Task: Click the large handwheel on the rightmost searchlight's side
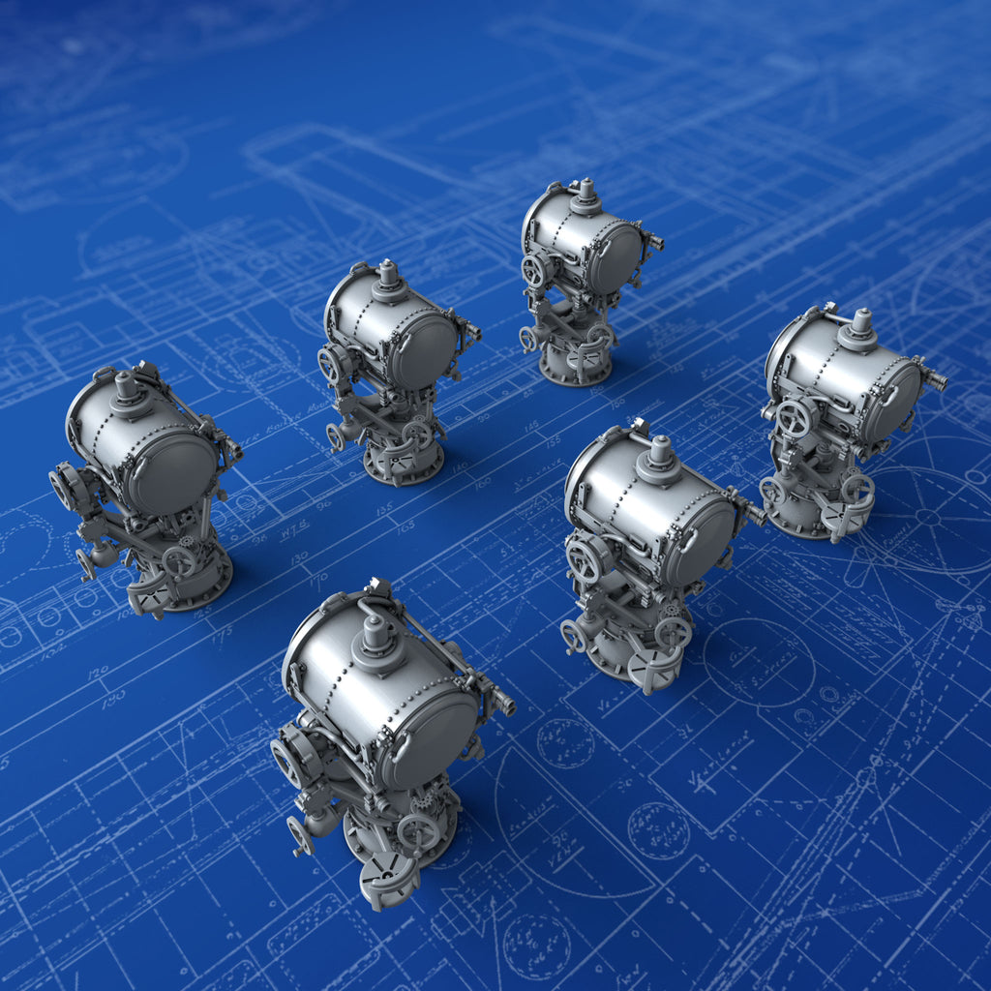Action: [794, 417]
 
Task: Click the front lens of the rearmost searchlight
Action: [616, 257]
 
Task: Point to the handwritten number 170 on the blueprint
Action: [317, 580]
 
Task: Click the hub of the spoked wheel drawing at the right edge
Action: [927, 517]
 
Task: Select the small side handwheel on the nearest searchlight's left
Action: [300, 834]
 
